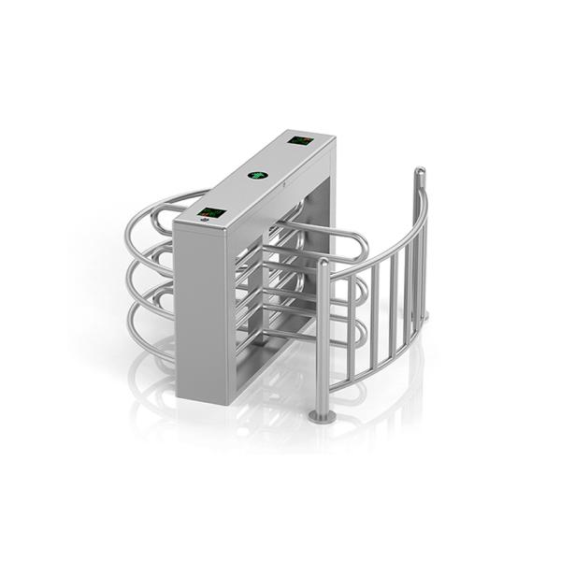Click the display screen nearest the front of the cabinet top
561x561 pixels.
(x=213, y=214)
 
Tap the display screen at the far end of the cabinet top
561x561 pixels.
(x=301, y=141)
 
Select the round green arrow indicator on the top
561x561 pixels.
(x=256, y=175)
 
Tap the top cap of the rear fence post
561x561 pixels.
(x=420, y=171)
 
